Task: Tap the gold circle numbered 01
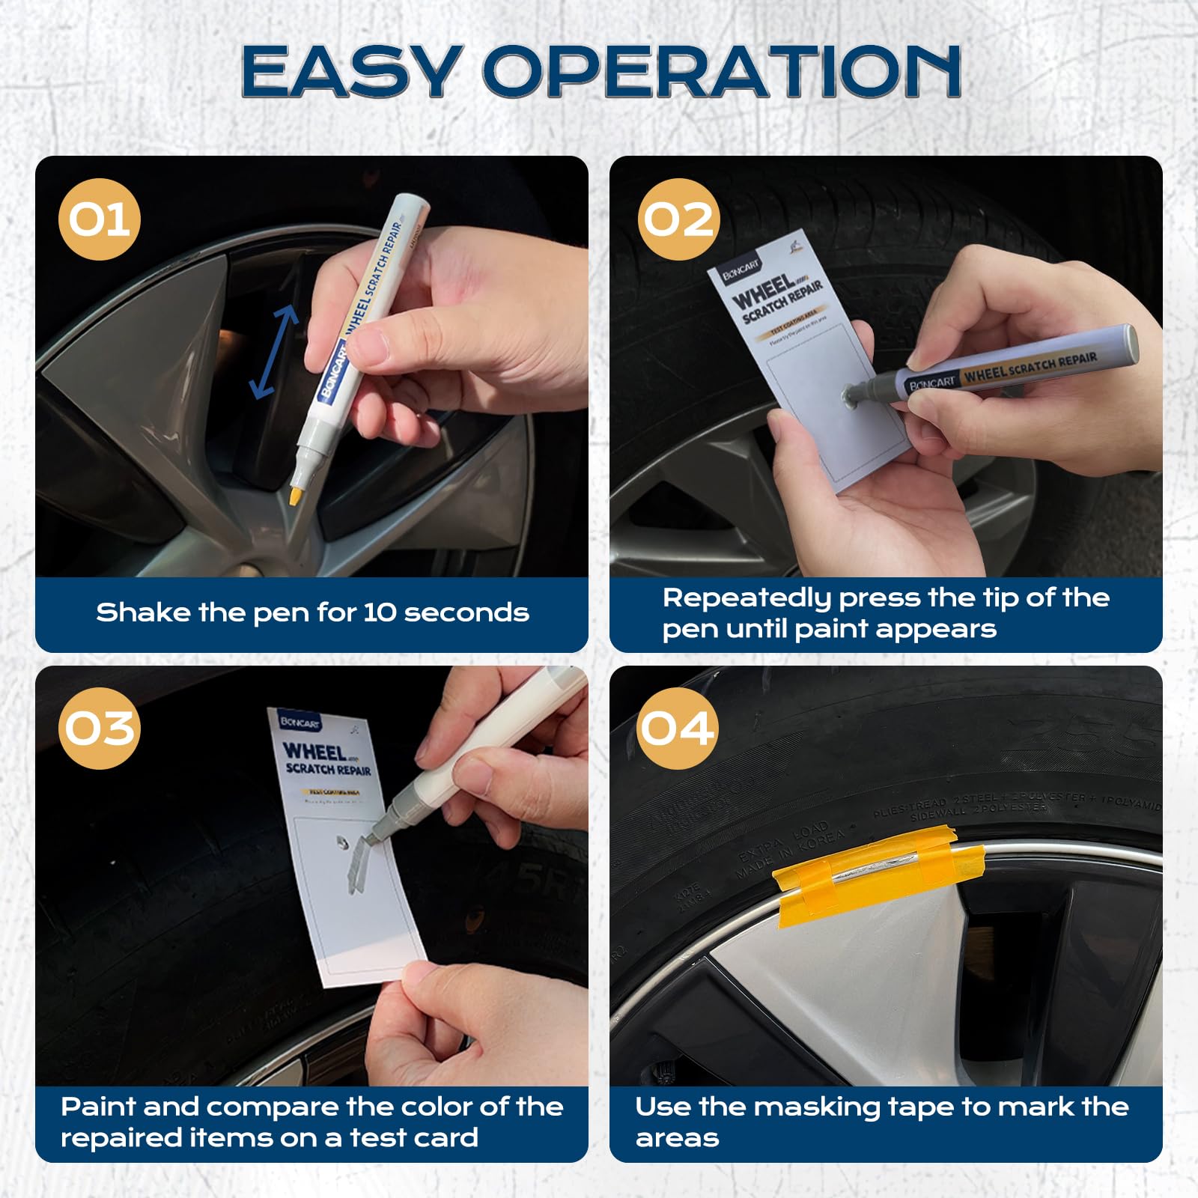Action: (99, 219)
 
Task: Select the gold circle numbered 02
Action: (678, 219)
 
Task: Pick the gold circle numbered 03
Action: (99, 728)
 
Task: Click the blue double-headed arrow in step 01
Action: (273, 352)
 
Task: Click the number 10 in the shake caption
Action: (380, 612)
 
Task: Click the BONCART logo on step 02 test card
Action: (741, 270)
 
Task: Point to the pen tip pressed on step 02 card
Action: (852, 395)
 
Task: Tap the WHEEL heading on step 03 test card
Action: (314, 751)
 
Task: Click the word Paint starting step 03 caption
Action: (97, 1107)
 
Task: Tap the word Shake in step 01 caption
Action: (142, 612)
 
